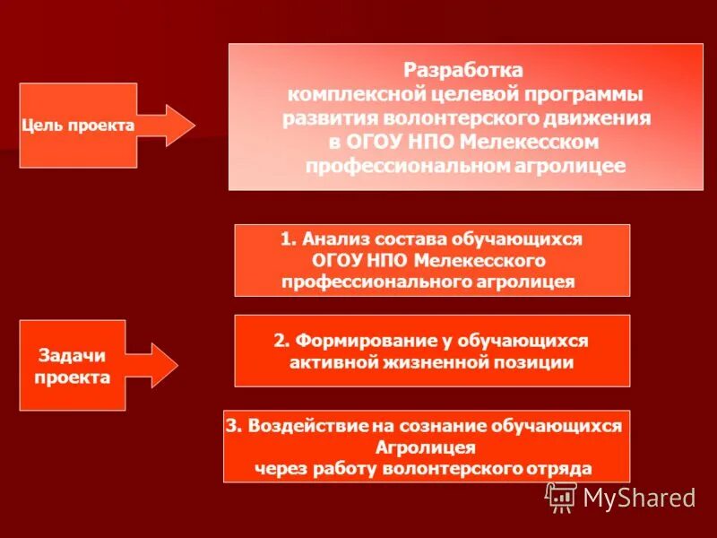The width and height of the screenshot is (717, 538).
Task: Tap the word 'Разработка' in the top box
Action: click(463, 70)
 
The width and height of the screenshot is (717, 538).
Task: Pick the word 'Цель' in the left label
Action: click(39, 126)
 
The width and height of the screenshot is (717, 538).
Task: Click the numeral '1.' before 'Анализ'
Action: click(287, 239)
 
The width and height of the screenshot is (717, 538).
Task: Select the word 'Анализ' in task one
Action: click(335, 239)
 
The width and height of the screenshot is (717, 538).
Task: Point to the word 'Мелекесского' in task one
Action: click(489, 260)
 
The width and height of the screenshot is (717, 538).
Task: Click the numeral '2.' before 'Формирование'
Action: click(281, 341)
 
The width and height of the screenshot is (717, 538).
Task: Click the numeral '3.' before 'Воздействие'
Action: click(235, 426)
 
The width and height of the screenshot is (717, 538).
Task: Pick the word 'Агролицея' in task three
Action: click(427, 447)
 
